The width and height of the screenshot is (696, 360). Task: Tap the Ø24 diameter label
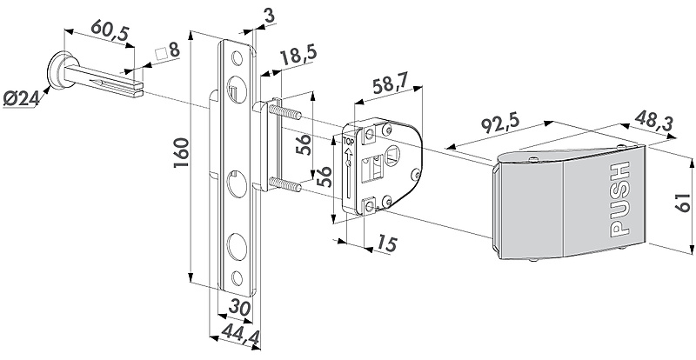pos(21,99)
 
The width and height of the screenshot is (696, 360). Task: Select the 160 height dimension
pos(182,153)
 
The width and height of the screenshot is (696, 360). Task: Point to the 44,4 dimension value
pos(241,334)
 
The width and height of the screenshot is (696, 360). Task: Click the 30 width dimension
pos(240,308)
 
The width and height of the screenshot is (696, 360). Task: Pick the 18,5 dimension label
pos(298,56)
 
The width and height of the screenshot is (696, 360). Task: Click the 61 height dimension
pos(682,203)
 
